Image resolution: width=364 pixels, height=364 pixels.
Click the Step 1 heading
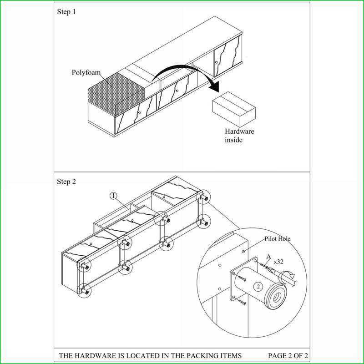pyautogui.click(x=66, y=12)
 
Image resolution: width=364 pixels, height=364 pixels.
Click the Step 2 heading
pyautogui.click(x=66, y=182)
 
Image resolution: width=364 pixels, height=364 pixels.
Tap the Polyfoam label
pyautogui.click(x=86, y=73)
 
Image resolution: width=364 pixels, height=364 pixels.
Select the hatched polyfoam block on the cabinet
pyautogui.click(x=116, y=94)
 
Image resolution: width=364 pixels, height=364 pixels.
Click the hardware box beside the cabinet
pyautogui.click(x=234, y=109)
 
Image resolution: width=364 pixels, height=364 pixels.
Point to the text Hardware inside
pyautogui.click(x=239, y=136)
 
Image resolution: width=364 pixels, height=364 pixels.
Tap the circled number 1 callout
pyautogui.click(x=113, y=196)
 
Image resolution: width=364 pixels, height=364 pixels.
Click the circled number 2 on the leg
pyautogui.click(x=258, y=287)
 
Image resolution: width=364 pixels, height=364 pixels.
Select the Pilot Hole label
pyautogui.click(x=278, y=238)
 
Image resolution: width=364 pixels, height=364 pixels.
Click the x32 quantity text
pyautogui.click(x=278, y=262)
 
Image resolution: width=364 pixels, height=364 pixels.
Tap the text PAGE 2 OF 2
pyautogui.click(x=288, y=356)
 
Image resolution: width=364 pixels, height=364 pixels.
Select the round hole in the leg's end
pyautogui.click(x=277, y=298)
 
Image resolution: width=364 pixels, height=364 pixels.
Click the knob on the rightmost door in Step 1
pyautogui.click(x=217, y=62)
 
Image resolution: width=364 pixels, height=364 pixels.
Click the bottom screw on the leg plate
pyautogui.click(x=242, y=302)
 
